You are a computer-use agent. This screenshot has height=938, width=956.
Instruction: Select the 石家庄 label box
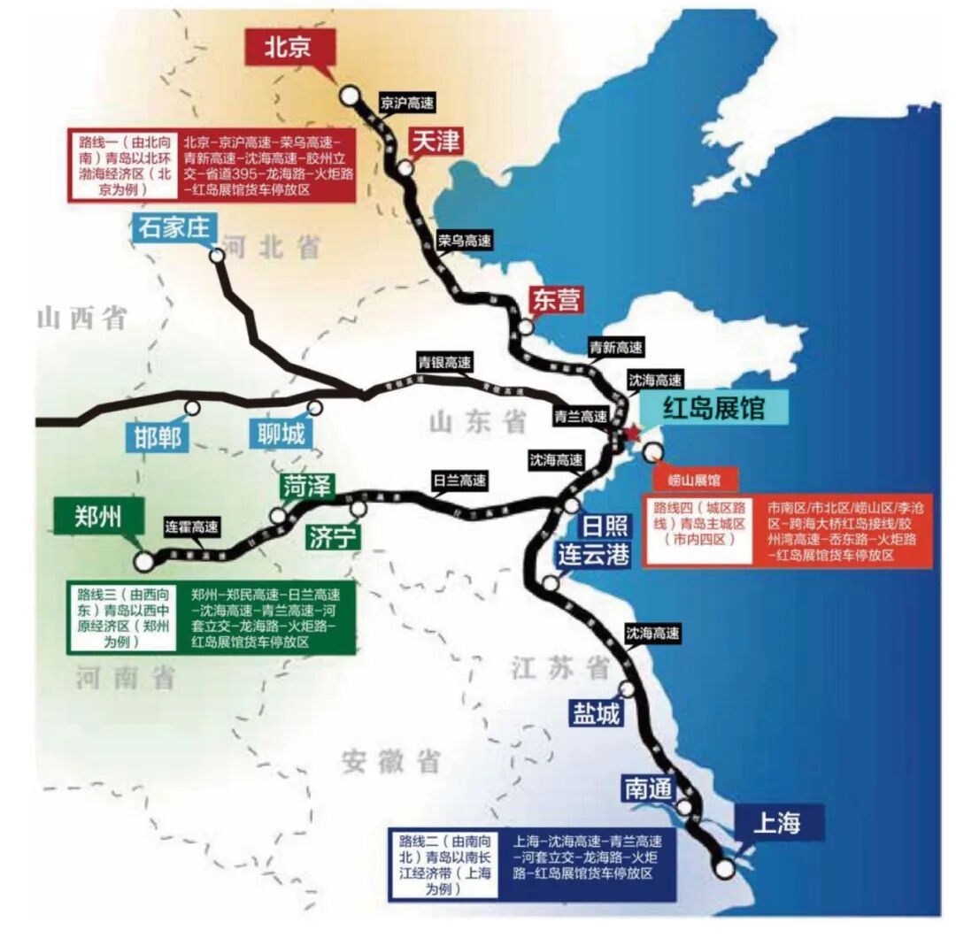(174, 227)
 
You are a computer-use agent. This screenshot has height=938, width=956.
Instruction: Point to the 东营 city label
(557, 300)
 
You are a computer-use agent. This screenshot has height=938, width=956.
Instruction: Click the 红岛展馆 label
(713, 410)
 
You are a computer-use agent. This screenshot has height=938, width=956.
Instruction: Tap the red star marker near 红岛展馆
(631, 433)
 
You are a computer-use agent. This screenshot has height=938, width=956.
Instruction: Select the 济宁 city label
(332, 537)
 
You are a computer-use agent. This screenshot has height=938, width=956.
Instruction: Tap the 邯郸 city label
(158, 437)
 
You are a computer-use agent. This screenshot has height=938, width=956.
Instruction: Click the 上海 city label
(776, 823)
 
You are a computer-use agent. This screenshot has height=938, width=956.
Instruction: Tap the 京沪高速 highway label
(407, 103)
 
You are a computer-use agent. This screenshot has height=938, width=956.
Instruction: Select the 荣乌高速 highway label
(465, 239)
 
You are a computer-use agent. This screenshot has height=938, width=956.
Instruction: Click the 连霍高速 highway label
(191, 526)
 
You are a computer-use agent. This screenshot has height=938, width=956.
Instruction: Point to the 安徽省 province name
(391, 761)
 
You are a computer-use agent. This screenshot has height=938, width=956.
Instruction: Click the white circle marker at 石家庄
(217, 255)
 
